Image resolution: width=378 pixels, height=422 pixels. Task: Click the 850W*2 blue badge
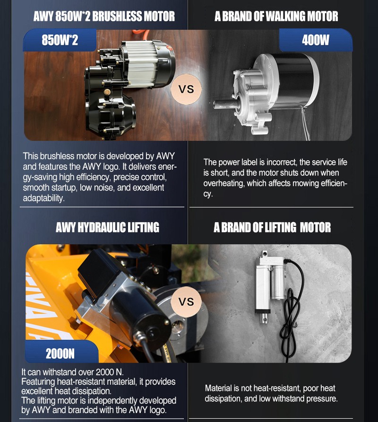pyautogui.click(x=60, y=40)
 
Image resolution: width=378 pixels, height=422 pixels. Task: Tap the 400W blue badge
pyautogui.click(x=316, y=40)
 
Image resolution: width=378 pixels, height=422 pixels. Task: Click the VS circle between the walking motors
pyautogui.click(x=186, y=89)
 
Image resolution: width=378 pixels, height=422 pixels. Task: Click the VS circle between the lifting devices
pyautogui.click(x=186, y=301)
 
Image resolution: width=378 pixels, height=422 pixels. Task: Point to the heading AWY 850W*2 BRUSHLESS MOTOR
pyautogui.click(x=104, y=17)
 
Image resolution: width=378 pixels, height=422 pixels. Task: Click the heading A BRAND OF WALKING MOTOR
pyautogui.click(x=276, y=17)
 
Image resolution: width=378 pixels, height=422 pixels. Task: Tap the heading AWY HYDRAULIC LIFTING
pyautogui.click(x=107, y=227)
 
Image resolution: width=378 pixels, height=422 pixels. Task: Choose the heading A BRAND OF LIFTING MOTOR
pyautogui.click(x=272, y=227)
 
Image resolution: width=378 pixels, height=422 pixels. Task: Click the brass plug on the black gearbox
pyautogui.click(x=107, y=92)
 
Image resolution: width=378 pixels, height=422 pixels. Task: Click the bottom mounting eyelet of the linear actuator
pyautogui.click(x=265, y=319)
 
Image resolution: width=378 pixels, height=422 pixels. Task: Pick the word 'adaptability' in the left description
pyautogui.click(x=43, y=198)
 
